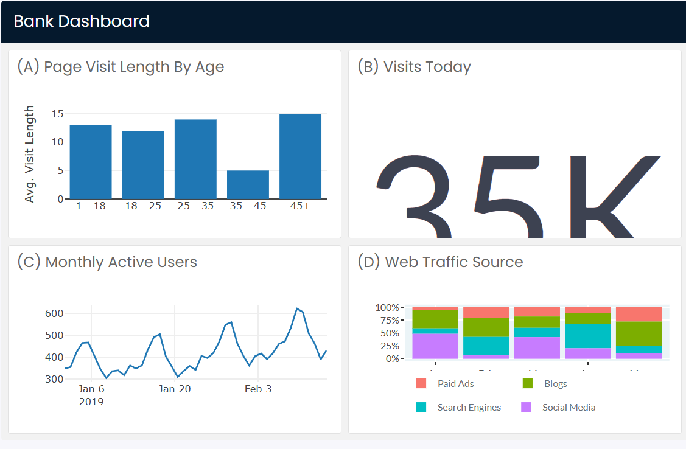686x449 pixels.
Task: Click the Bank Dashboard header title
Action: pyautogui.click(x=82, y=21)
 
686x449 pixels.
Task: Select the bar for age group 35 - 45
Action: pyautogui.click(x=248, y=184)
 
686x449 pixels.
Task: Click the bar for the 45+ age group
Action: pyautogui.click(x=300, y=156)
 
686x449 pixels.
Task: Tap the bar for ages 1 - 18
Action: pyautogui.click(x=91, y=162)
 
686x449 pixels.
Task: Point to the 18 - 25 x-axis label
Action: pyautogui.click(x=143, y=206)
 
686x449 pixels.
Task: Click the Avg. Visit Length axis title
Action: pyautogui.click(x=30, y=154)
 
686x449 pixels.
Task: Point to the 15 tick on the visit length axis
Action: pyautogui.click(x=58, y=114)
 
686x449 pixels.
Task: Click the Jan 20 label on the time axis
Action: pyautogui.click(x=175, y=389)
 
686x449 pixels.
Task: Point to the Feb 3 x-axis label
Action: pyautogui.click(x=258, y=389)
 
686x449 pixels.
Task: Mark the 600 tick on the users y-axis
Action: pyautogui.click(x=54, y=313)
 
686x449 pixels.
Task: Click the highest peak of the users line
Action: pyautogui.click(x=297, y=309)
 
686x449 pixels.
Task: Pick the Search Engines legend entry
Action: pyautogui.click(x=469, y=408)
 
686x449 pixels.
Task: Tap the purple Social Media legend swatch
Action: pyautogui.click(x=527, y=408)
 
